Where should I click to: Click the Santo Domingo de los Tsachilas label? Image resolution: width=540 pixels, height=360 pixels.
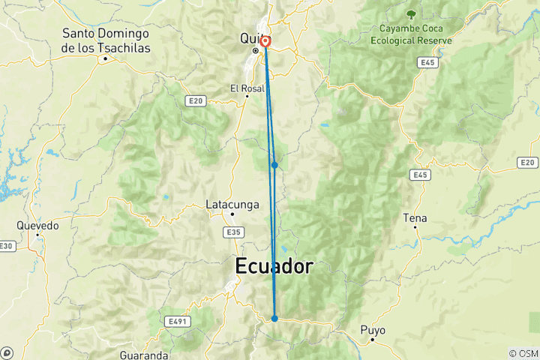[106, 40]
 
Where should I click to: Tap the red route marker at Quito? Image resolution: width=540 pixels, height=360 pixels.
[265, 42]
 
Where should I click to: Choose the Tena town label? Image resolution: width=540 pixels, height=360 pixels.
[415, 218]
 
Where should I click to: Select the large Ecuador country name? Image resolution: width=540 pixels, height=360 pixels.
[274, 266]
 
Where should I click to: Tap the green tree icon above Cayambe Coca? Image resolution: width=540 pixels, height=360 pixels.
[410, 13]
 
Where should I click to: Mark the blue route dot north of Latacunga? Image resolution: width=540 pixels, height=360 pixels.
[275, 165]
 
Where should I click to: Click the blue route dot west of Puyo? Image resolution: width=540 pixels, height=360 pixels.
[274, 319]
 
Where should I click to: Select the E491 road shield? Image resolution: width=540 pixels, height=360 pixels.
[177, 321]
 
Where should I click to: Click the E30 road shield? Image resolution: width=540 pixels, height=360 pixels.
[7, 246]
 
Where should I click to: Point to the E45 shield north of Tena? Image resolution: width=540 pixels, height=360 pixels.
[419, 174]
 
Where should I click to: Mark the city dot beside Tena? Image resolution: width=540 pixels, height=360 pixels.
[415, 228]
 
